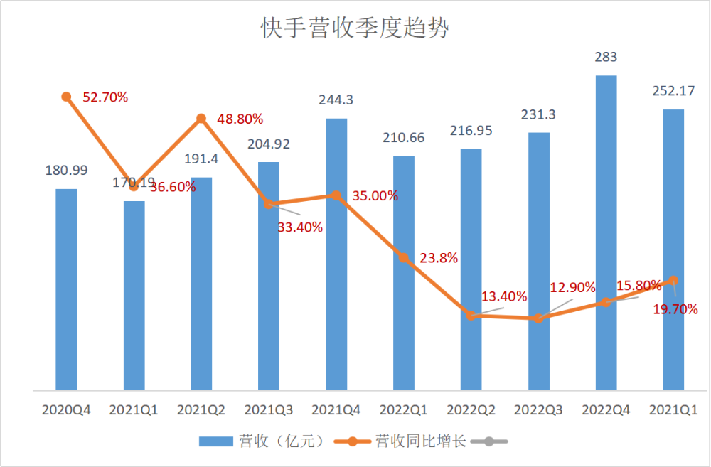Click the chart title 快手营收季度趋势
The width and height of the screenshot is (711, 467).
tap(355, 28)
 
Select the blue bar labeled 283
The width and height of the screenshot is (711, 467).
tap(606, 232)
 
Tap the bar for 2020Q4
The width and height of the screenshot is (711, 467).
tap(66, 289)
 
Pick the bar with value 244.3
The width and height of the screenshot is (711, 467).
tap(336, 254)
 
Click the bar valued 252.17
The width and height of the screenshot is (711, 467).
tap(673, 249)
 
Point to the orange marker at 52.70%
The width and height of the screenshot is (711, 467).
tap(66, 97)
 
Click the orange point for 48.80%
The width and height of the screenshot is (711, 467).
tap(201, 119)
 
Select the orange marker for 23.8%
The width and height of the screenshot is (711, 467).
tap(404, 257)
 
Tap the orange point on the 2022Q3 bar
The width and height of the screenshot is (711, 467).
tap(538, 318)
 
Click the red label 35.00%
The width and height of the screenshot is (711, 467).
tap(375, 196)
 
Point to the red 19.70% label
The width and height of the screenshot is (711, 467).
tap(675, 309)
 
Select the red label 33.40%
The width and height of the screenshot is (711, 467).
tap(300, 227)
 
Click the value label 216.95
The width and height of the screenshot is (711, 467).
tap(471, 131)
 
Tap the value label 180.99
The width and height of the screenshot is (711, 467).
tap(66, 170)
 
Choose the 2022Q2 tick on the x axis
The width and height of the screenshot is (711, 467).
tap(471, 410)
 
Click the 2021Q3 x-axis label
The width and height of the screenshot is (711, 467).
tap(269, 410)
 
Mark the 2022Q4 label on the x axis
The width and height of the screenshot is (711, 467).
tap(606, 410)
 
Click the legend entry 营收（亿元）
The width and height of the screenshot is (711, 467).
tap(262, 441)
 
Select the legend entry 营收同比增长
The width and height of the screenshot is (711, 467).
tap(400, 441)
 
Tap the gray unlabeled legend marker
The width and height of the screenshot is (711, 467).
tap(489, 441)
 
